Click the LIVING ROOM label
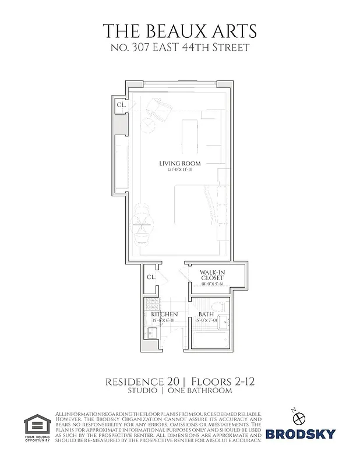tap(176, 163)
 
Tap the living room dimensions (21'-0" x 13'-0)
tap(176, 170)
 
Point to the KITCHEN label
tap(165, 315)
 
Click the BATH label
tap(206, 315)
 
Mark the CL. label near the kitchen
tap(150, 277)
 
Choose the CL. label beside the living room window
tap(121, 105)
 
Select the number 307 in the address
tap(143, 47)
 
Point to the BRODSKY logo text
tap(301, 433)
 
